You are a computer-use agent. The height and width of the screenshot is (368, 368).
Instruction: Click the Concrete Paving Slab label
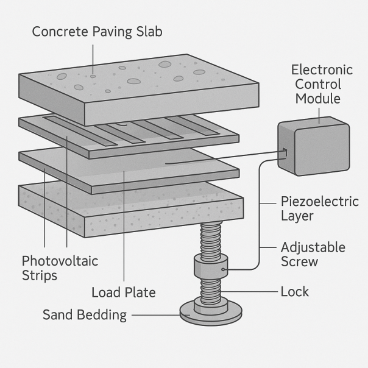click(97, 32)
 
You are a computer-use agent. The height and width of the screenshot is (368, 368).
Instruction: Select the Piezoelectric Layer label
click(320, 208)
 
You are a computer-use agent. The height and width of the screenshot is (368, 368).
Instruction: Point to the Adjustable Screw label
click(313, 255)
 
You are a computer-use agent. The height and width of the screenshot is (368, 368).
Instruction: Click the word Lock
click(294, 292)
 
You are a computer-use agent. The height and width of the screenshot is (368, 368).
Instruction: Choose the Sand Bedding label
click(85, 315)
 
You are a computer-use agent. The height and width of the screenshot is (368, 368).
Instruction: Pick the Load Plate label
click(124, 293)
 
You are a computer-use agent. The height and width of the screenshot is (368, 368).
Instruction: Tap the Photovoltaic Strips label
click(60, 268)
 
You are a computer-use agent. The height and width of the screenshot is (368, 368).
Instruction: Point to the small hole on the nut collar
click(224, 268)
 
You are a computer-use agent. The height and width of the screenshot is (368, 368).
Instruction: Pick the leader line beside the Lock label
click(256, 292)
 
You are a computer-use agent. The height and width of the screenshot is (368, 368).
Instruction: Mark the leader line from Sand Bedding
click(155, 315)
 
